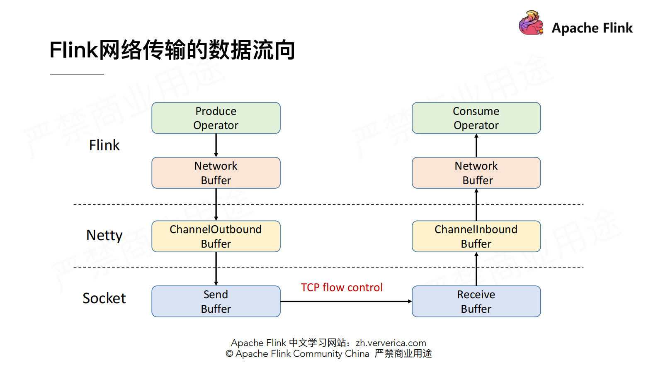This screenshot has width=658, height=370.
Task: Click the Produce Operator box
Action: [216, 118]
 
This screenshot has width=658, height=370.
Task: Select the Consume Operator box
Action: [476, 118]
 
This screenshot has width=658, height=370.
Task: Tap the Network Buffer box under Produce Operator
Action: [216, 173]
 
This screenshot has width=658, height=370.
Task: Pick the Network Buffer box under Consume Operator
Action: [476, 173]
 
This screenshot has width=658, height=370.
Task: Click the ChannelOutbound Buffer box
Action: [216, 236]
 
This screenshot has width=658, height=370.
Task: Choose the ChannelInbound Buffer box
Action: [476, 236]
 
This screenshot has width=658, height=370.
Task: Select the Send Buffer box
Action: [216, 302]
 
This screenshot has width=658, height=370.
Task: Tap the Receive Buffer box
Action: [476, 302]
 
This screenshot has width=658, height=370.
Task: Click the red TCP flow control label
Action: [342, 287]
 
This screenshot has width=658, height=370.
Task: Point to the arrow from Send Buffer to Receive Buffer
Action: [346, 301]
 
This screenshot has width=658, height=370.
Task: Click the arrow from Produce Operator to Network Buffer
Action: [216, 145]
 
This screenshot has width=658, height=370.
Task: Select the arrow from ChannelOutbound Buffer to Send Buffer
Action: [216, 269]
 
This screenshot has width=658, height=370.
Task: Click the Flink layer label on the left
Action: [104, 145]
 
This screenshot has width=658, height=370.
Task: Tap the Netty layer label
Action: [104, 236]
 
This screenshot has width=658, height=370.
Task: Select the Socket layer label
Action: [104, 298]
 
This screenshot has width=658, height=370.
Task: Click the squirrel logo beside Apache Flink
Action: [531, 23]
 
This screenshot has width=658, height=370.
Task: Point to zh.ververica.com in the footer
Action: [391, 343]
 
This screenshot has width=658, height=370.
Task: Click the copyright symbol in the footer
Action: [229, 354]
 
